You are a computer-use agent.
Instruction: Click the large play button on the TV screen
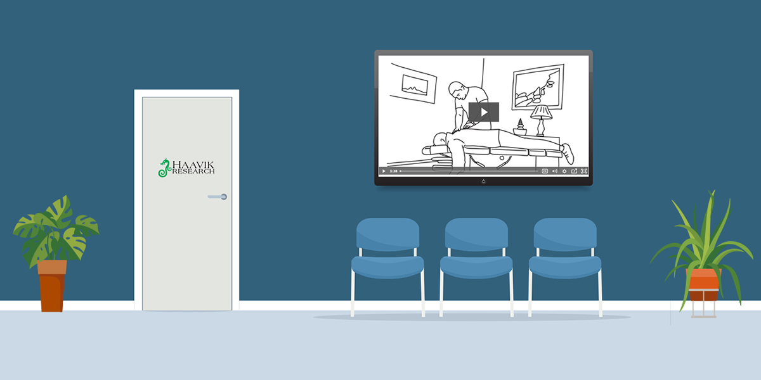click(483, 112)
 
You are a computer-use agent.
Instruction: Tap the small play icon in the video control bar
click(384, 171)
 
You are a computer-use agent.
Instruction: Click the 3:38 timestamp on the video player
click(393, 171)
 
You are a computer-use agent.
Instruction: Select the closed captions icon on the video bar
click(545, 171)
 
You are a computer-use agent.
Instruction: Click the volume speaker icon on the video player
click(554, 171)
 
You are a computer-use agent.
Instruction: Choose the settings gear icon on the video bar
click(564, 171)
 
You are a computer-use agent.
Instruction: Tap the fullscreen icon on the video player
click(584, 171)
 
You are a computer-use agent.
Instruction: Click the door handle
click(218, 197)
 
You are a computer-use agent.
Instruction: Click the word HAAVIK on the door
click(193, 165)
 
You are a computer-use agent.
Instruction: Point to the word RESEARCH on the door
click(193, 172)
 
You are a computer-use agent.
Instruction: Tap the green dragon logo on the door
click(164, 168)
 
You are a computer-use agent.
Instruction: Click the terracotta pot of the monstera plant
click(52, 286)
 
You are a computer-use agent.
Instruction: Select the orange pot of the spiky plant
click(703, 285)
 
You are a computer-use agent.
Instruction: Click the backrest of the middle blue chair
click(476, 234)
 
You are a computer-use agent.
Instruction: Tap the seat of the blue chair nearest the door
click(387, 267)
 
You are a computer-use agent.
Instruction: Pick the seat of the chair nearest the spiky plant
click(565, 267)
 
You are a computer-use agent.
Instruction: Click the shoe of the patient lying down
click(568, 154)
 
